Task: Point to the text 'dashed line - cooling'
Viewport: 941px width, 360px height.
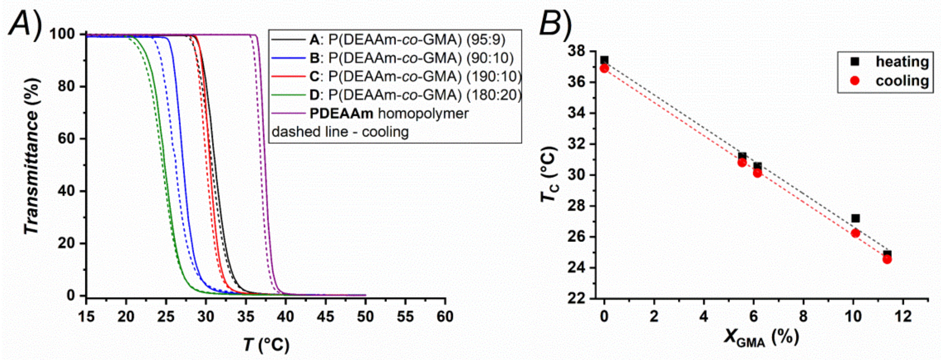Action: pyautogui.click(x=340, y=132)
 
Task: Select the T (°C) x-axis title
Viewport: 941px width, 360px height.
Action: pyautogui.click(x=266, y=344)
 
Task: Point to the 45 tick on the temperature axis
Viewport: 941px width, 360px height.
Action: pyautogui.click(x=325, y=316)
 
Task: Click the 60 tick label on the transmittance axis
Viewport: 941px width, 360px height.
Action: pyautogui.click(x=68, y=139)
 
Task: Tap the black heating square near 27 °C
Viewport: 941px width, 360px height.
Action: pyautogui.click(x=855, y=218)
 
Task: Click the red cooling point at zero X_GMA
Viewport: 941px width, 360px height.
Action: pyautogui.click(x=604, y=68)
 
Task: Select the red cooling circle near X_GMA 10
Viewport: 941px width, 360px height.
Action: pyautogui.click(x=855, y=233)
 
